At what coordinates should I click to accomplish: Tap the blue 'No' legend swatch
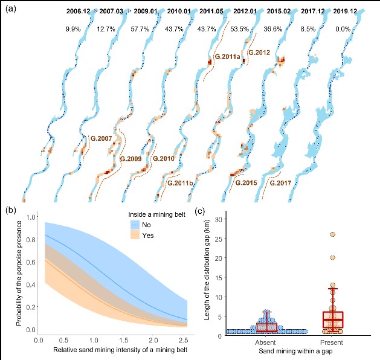click(138, 225)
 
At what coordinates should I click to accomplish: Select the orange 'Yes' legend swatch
click(138, 236)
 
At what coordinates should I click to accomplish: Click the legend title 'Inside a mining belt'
click(159, 213)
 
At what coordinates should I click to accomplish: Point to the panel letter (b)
click(11, 211)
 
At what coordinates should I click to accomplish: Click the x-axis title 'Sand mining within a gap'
click(299, 350)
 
